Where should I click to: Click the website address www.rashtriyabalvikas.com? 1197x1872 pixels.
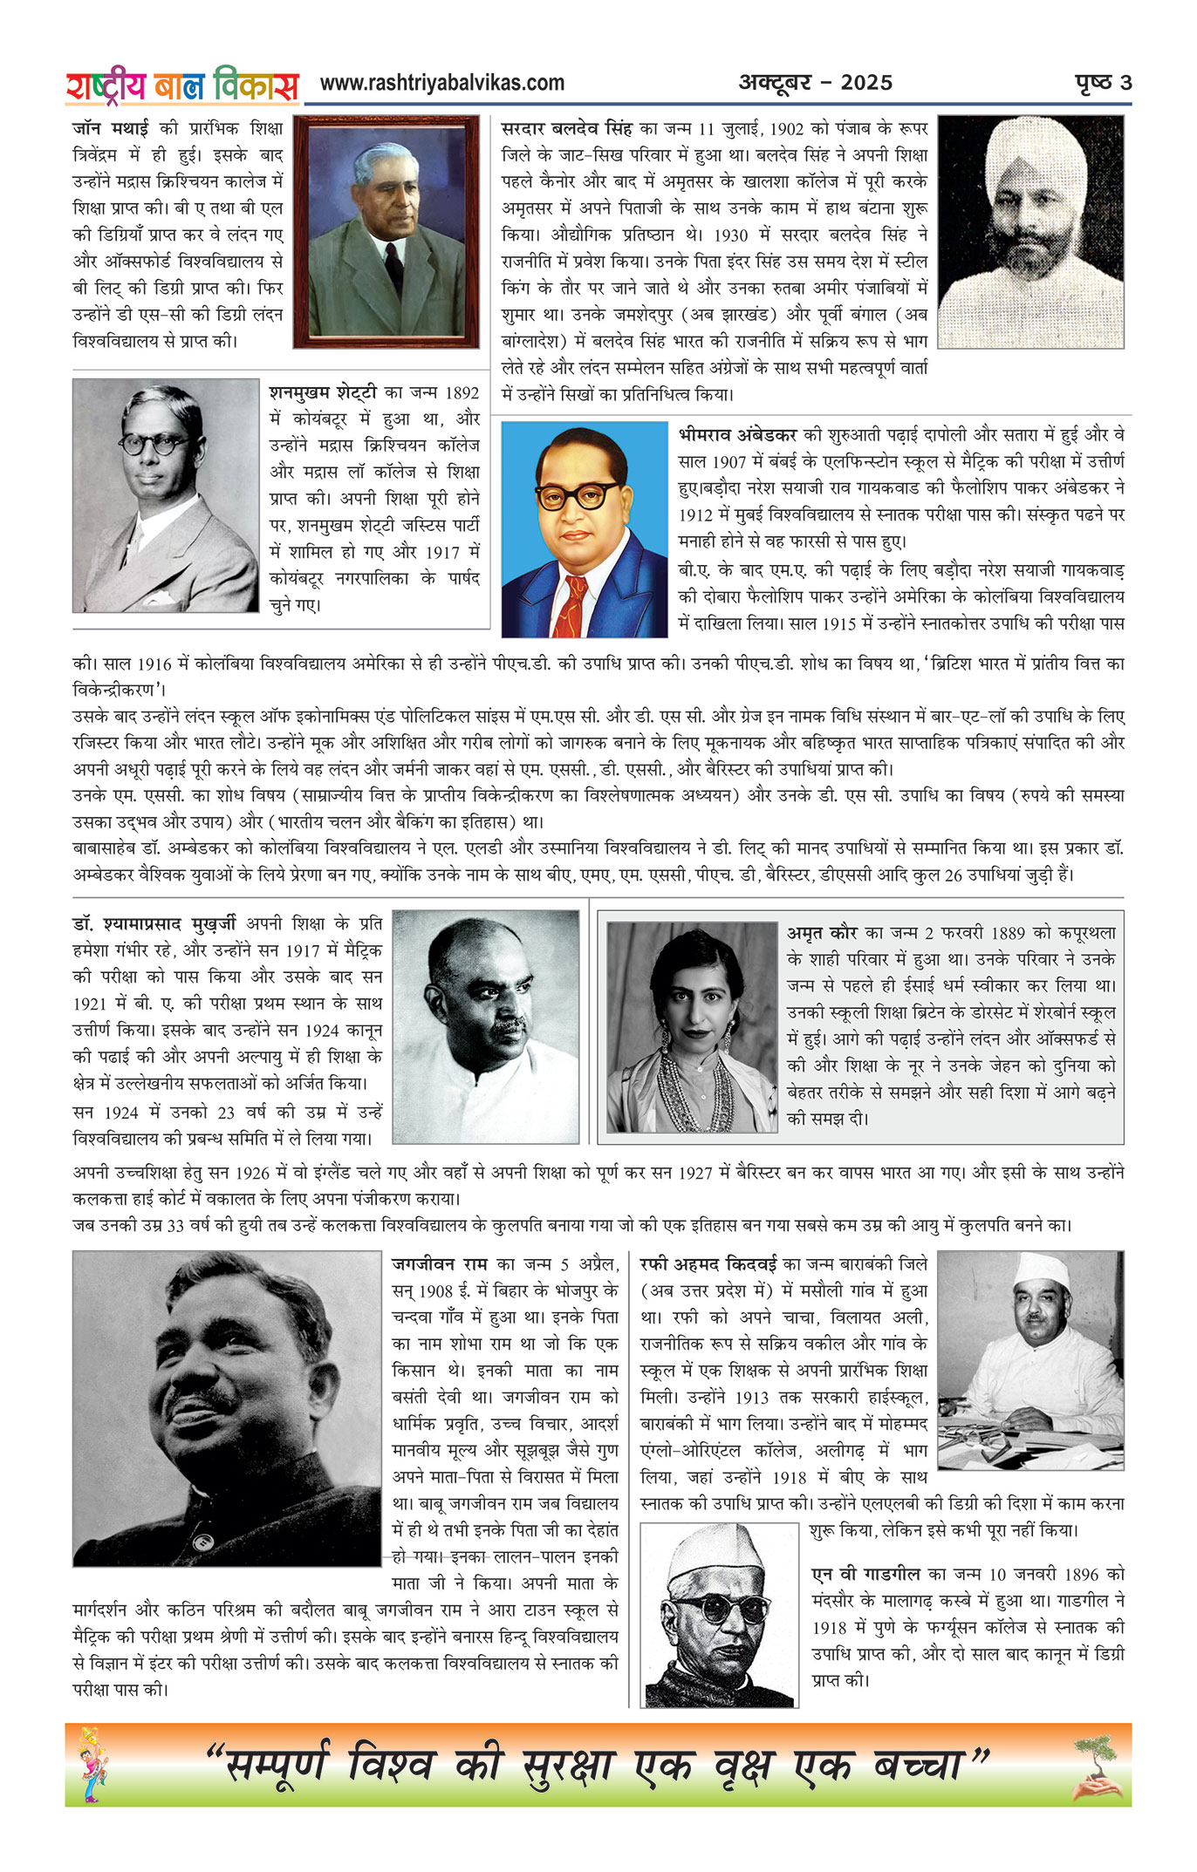click(441, 83)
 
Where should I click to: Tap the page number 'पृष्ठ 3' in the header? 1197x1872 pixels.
click(1103, 83)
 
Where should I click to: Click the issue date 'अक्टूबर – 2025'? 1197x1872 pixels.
click(816, 83)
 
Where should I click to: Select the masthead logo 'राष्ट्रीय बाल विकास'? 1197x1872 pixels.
click(182, 85)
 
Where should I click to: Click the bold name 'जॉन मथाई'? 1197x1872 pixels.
click(110, 128)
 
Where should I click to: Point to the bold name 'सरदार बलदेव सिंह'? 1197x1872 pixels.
click(566, 128)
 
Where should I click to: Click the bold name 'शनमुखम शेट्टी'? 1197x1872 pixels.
click(323, 392)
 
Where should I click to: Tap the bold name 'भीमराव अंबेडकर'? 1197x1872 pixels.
click(737, 434)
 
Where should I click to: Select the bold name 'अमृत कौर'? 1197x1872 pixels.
click(822, 933)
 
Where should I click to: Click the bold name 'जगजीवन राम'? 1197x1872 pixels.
click(439, 1264)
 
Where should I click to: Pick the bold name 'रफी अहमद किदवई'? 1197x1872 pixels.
click(708, 1264)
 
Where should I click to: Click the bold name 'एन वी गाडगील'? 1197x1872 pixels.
click(865, 1574)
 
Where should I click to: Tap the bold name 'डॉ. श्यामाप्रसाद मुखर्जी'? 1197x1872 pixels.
click(154, 923)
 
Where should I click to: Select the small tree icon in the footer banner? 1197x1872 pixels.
click(1095, 1765)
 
